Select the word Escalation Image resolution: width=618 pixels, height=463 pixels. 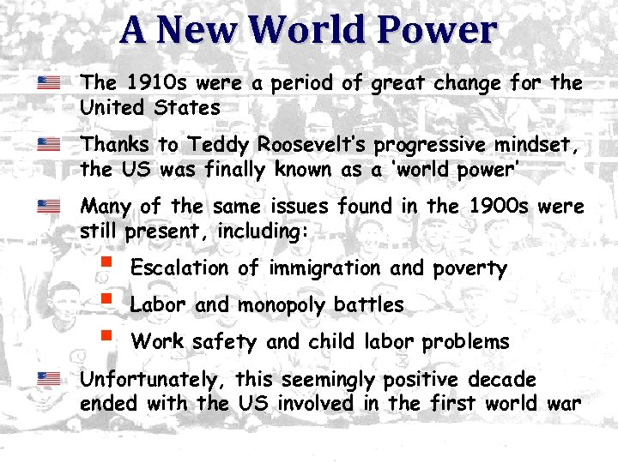(x=179, y=268)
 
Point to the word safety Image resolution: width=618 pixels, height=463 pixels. (x=224, y=342)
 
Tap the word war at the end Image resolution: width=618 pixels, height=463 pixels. (x=563, y=404)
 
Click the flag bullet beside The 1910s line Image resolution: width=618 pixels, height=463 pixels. (x=48, y=83)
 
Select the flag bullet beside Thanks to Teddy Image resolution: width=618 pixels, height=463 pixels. (x=48, y=144)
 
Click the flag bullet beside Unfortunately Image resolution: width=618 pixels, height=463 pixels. (x=48, y=378)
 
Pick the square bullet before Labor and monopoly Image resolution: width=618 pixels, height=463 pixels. (x=106, y=299)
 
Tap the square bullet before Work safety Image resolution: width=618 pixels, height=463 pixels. (x=106, y=335)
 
